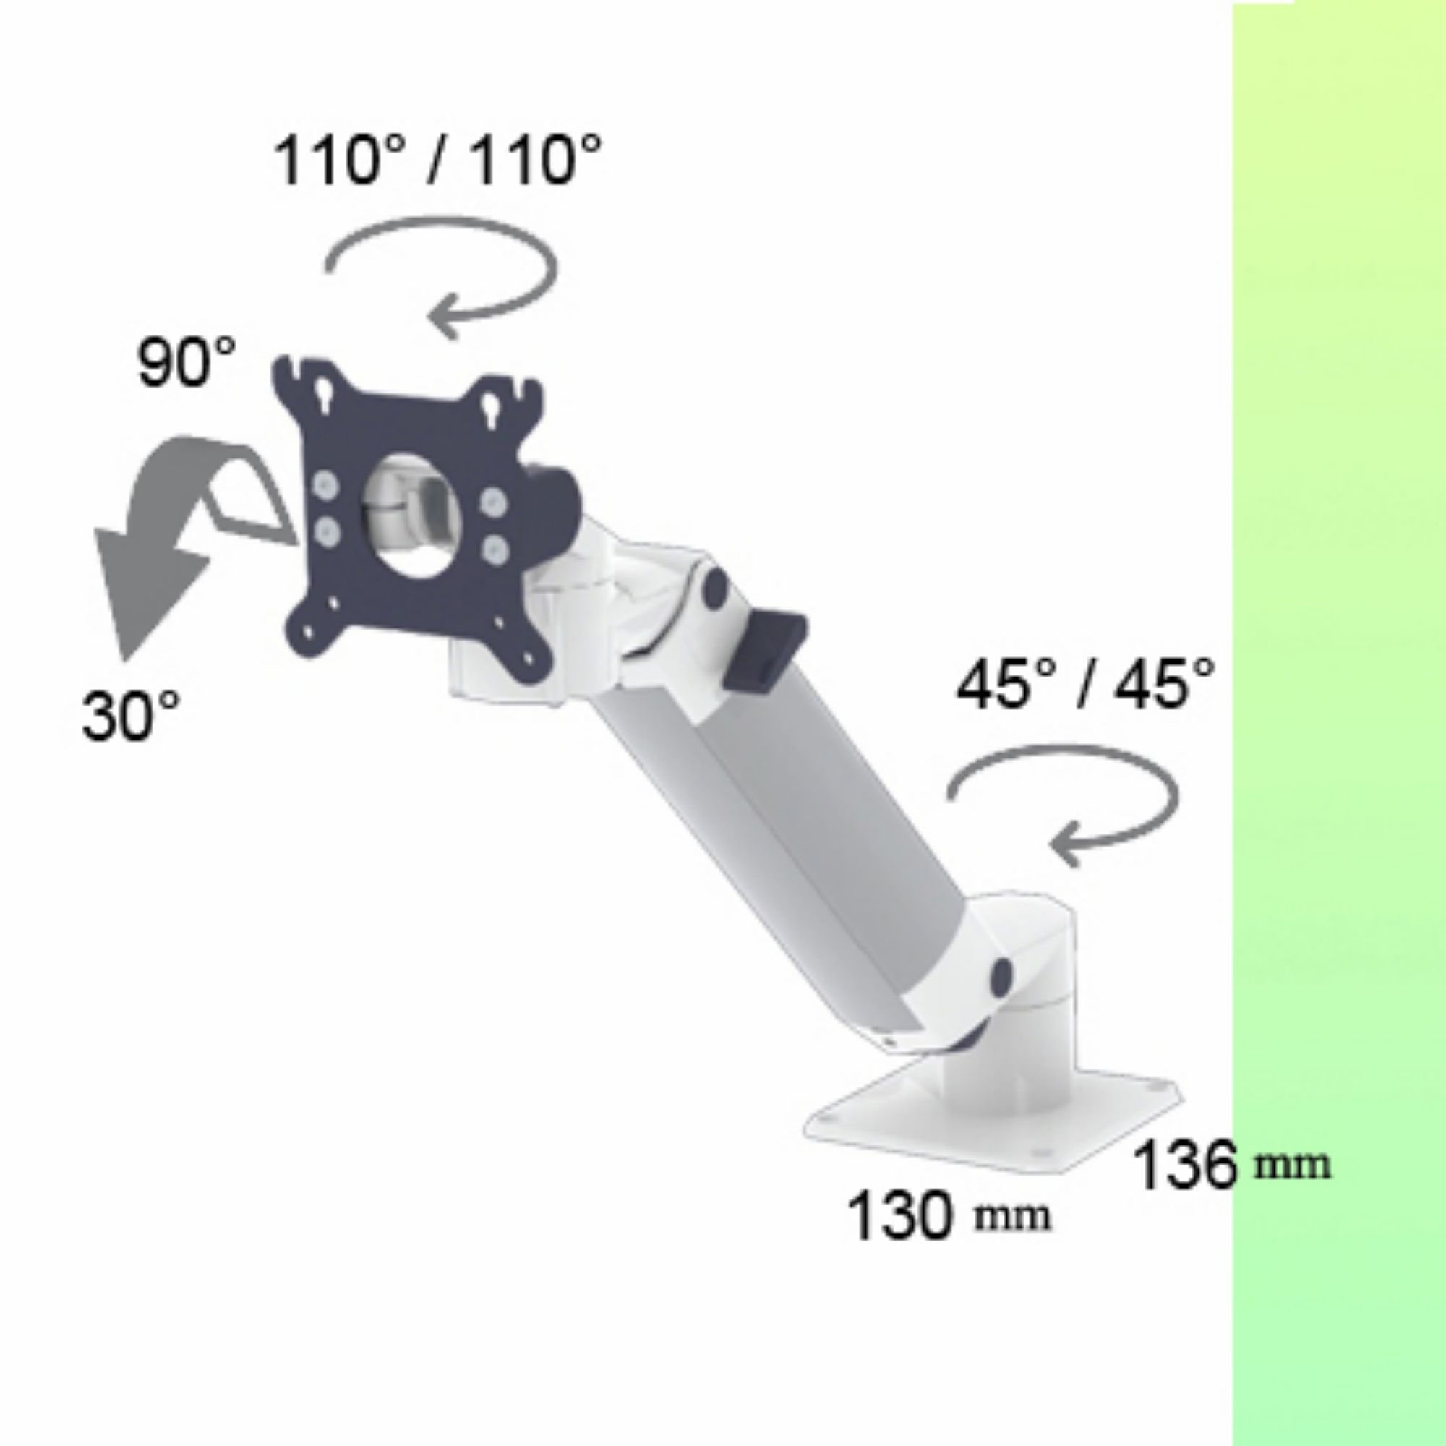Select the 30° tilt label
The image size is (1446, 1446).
coord(132,716)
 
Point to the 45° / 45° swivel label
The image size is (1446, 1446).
coord(1085,684)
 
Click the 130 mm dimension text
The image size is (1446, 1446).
coord(949,1215)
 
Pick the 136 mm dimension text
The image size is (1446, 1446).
coord(1232,1165)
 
